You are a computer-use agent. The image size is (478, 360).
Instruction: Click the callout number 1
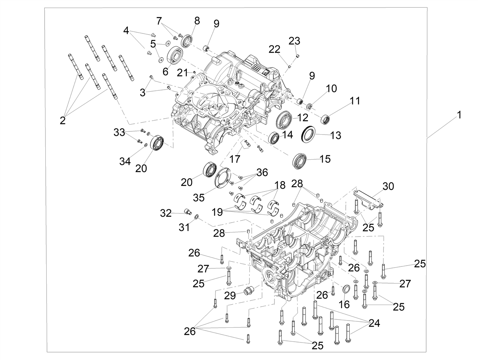click(459, 115)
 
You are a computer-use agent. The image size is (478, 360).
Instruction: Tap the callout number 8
click(197, 21)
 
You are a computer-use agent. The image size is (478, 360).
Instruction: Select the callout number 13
click(335, 135)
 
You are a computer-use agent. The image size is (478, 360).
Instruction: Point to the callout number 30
click(388, 186)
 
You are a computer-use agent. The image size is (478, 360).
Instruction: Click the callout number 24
click(374, 323)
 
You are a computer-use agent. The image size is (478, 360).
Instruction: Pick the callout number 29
click(230, 295)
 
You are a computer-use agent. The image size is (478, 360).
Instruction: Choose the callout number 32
click(166, 213)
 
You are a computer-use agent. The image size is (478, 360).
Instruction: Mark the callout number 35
click(199, 198)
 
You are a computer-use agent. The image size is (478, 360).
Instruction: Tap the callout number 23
click(294, 41)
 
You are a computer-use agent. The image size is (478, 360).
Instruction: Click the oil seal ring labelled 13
click(308, 134)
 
